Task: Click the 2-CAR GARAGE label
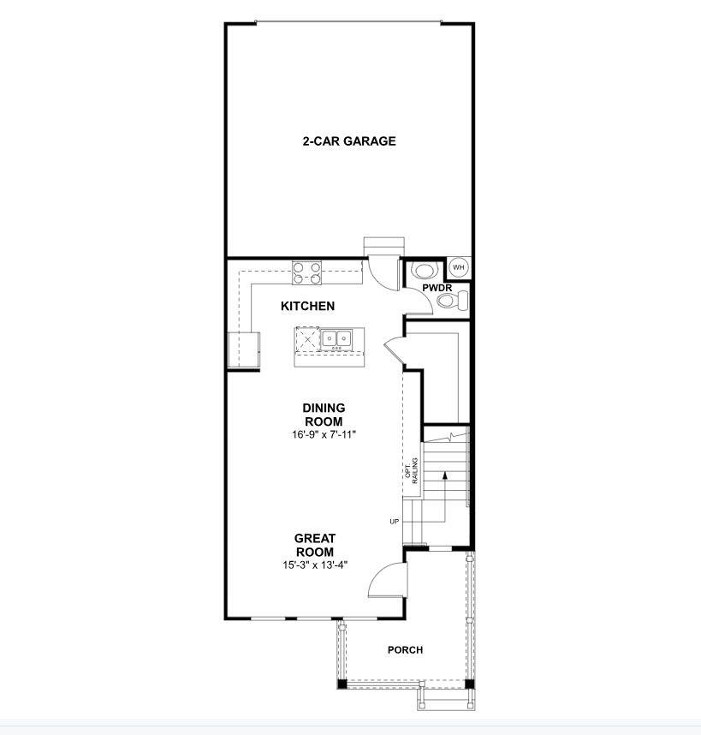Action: (349, 141)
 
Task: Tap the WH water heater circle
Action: (459, 267)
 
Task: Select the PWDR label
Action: (437, 288)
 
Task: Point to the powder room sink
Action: (425, 271)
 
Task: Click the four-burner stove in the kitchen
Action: (307, 272)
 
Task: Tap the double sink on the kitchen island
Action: (336, 338)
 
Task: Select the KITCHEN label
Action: (307, 306)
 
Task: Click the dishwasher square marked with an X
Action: (307, 338)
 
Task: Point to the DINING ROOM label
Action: (324, 415)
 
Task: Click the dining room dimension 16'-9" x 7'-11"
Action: (324, 434)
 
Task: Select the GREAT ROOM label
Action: (315, 545)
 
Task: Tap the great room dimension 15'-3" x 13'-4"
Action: (315, 565)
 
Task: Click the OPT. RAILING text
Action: (411, 470)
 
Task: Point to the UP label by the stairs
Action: (395, 521)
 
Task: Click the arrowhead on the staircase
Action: (445, 475)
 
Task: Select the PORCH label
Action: (405, 650)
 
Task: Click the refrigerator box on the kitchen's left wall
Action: (243, 350)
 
